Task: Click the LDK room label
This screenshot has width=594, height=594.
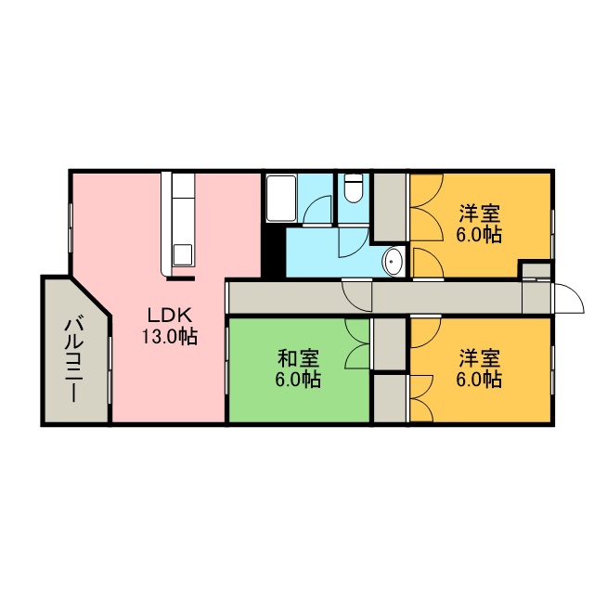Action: point(169,316)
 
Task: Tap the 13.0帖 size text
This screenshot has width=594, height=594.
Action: point(169,336)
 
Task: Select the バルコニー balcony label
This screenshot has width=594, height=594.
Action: point(73,360)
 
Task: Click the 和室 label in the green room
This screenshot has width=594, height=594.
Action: point(299,358)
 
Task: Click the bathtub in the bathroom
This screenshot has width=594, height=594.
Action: point(281,198)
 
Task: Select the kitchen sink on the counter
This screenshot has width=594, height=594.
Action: point(183,255)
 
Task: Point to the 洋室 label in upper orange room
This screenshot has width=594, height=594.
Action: point(480,214)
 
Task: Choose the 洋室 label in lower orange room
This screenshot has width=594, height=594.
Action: point(480,358)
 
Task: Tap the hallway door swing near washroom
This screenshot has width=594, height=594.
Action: point(356,295)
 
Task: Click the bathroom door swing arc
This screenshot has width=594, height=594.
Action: point(317,211)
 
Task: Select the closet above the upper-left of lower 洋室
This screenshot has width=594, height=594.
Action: point(390,343)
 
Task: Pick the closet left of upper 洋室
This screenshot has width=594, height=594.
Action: point(390,207)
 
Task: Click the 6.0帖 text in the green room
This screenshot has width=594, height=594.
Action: point(299,380)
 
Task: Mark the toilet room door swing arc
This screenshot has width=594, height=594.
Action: point(354,242)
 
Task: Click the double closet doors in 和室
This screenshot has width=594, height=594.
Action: point(357,343)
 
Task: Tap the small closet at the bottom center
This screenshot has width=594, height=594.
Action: point(390,398)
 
